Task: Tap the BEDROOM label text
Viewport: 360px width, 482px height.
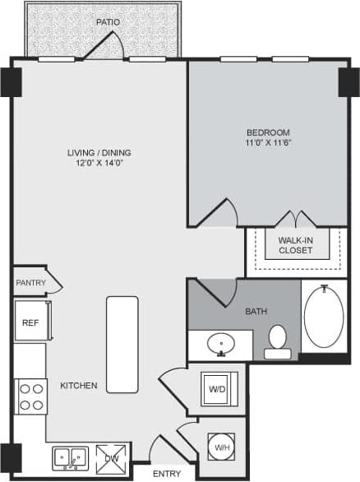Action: (x=269, y=132)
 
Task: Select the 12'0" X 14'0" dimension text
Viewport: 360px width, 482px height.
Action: (x=99, y=163)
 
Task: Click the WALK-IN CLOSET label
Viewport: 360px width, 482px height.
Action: (x=295, y=245)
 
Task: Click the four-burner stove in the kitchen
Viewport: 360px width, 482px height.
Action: (x=31, y=396)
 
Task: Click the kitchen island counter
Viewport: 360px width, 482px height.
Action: (x=122, y=345)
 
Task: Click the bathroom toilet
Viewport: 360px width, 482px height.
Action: (x=278, y=341)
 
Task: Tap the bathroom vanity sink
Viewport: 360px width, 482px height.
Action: (x=220, y=344)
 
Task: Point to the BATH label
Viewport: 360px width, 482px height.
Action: (x=256, y=312)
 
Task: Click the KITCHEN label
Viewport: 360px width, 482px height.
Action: (x=79, y=385)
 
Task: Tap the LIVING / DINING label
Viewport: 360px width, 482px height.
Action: (x=99, y=152)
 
